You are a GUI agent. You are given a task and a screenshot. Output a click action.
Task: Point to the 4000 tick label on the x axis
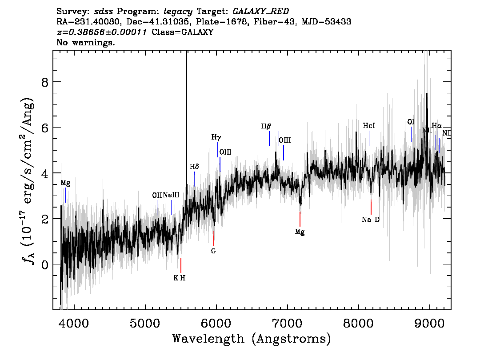pos(74,322)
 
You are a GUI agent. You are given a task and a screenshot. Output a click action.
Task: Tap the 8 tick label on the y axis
pos(44,82)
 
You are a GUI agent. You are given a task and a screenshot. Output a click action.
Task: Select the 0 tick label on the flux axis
pos(44,264)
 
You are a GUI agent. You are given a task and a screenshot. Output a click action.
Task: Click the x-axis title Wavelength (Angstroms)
pos(252,339)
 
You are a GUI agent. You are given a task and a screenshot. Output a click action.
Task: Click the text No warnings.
pos(86,43)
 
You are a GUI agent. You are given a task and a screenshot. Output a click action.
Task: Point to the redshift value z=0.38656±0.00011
pos(103,32)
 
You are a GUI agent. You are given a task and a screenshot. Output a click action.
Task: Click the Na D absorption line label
pos(371,220)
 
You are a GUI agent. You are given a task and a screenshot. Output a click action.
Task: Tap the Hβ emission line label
pos(266,127)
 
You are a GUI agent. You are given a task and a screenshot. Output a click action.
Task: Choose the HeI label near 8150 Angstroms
pos(369,126)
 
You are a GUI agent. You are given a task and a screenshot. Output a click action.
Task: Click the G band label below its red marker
pos(213,251)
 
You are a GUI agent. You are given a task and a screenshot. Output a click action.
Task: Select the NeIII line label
pos(171,195)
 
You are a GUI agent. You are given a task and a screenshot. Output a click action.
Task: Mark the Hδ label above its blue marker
pos(194,167)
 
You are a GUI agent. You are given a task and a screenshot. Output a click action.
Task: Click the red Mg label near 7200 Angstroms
pos(300,232)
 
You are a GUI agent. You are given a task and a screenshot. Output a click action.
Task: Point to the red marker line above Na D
pos(371,207)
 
